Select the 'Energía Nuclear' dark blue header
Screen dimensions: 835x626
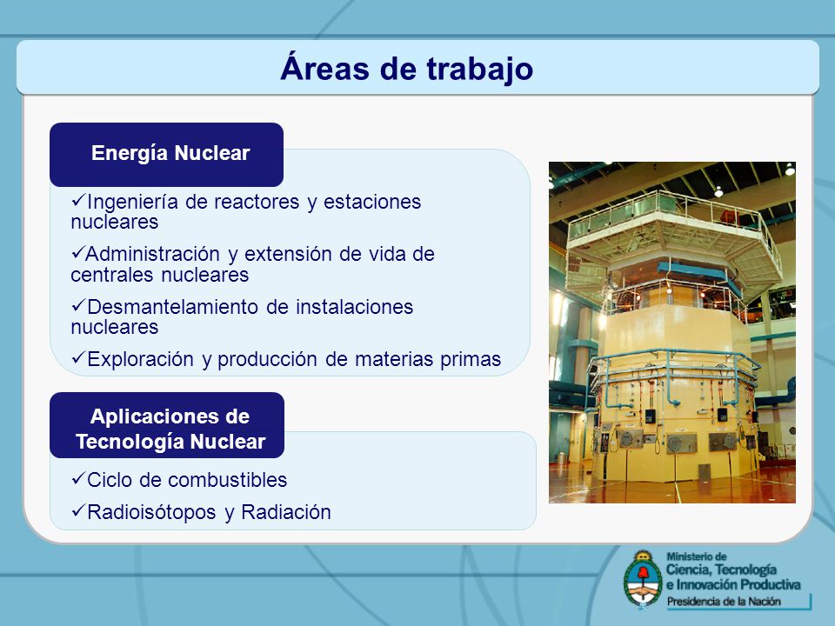coord(167,155)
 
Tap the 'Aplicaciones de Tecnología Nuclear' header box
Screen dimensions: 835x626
coord(167,425)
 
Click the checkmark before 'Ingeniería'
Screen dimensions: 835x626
coord(78,201)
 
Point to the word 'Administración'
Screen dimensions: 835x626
coord(153,255)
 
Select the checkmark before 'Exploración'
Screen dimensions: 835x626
coord(78,357)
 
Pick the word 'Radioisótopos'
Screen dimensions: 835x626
coord(151,513)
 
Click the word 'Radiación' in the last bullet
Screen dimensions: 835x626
coord(286,512)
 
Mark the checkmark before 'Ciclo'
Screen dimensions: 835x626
coord(78,478)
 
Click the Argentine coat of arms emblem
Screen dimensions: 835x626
coord(643,579)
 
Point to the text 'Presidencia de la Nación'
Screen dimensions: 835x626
coord(724,602)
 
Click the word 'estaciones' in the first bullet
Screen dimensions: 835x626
coord(372,203)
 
